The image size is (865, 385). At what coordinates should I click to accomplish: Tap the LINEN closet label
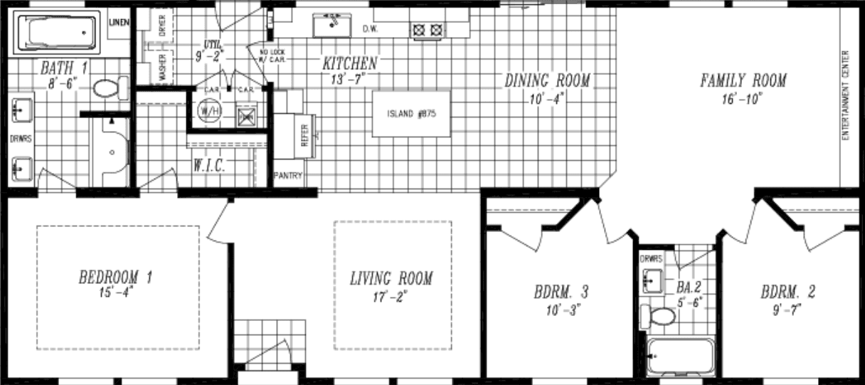click(x=119, y=22)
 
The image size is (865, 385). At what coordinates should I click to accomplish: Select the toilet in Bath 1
click(x=108, y=89)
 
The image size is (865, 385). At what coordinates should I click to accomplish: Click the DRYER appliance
click(x=161, y=26)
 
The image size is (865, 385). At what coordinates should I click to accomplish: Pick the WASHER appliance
click(x=161, y=68)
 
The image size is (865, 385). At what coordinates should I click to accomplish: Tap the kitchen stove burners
click(x=428, y=30)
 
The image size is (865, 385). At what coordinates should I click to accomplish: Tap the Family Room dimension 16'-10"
click(x=743, y=99)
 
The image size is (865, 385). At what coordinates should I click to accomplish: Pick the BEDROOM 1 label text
click(x=115, y=277)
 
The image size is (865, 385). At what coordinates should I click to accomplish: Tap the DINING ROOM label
click(x=547, y=80)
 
